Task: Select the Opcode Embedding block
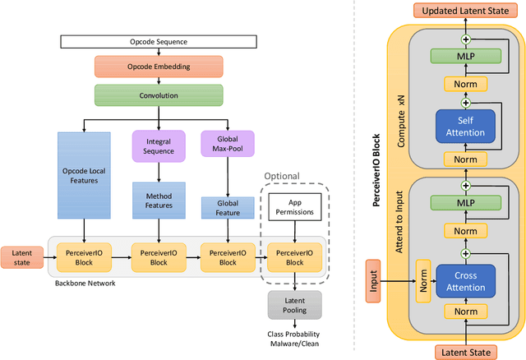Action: tap(159, 66)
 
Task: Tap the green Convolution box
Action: tap(159, 94)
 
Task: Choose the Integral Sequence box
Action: tap(159, 145)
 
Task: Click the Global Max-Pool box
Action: tap(226, 145)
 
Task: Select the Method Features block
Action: tap(159, 200)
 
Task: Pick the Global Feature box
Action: tap(226, 208)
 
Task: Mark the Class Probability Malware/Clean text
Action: tap(293, 339)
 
